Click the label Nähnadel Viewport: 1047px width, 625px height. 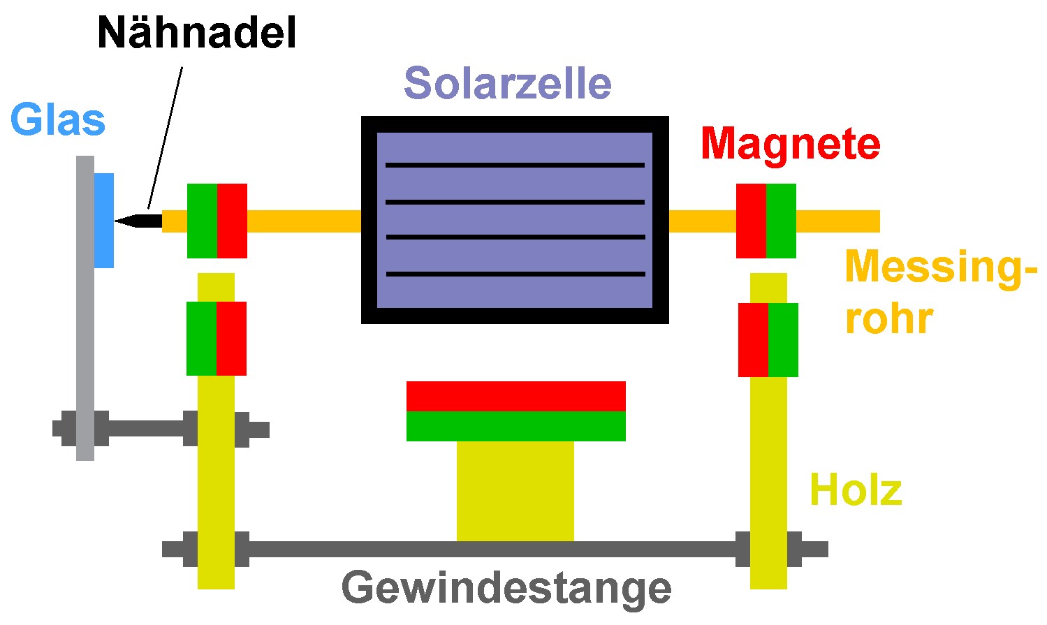197,33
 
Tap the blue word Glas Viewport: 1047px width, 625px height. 58,120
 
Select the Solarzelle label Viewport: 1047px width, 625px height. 508,83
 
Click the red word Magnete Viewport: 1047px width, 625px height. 790,144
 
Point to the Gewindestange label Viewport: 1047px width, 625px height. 506,588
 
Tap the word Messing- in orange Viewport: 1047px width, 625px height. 939,267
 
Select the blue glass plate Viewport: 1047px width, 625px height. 104,220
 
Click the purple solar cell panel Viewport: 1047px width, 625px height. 515,220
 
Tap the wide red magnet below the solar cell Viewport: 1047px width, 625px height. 515,396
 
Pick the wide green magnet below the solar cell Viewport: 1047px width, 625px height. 515,426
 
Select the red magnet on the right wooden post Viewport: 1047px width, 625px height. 753,339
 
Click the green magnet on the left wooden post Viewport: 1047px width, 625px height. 201,339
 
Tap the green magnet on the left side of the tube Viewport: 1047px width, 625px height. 202,221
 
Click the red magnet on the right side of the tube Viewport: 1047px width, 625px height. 751,221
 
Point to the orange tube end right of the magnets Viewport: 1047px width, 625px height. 838,221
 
